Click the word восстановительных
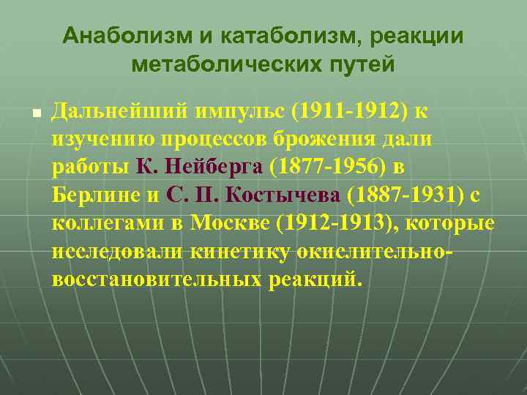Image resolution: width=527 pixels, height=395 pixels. tap(151, 279)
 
